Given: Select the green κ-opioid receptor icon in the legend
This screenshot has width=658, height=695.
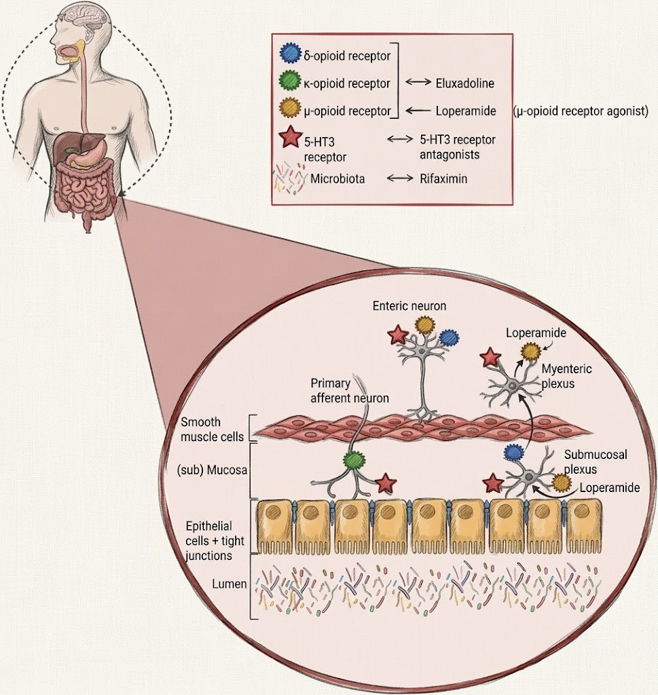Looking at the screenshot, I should click(288, 83).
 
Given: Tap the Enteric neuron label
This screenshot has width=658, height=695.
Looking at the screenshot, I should click(409, 306).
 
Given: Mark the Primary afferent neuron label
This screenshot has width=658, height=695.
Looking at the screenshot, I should click(349, 391).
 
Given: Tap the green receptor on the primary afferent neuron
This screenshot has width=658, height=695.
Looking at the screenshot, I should click(354, 461).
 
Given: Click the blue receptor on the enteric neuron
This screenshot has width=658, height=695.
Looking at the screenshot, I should click(450, 337).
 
